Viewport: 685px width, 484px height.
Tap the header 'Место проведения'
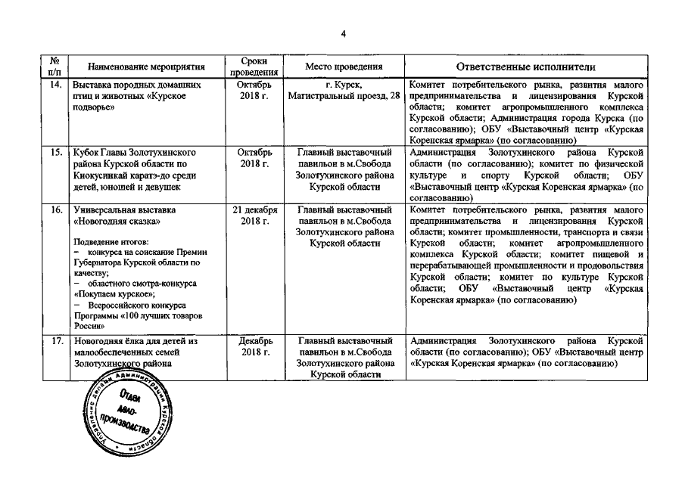pos(344,67)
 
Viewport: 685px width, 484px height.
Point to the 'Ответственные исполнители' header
pos(526,67)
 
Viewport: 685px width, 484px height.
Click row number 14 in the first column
pos(54,85)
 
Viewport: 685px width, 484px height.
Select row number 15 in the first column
pos(54,152)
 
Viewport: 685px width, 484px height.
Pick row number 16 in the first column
pos(54,209)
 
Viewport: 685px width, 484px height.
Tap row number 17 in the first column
pos(54,342)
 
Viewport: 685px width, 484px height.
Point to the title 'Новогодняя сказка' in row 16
pos(117,222)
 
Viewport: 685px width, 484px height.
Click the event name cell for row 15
pos(136,169)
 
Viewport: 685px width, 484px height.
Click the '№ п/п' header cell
pos(54,67)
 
